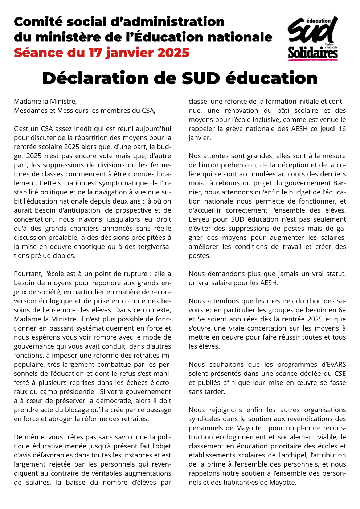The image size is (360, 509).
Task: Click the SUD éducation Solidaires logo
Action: [x=313, y=38]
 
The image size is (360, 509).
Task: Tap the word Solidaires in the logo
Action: [x=313, y=53]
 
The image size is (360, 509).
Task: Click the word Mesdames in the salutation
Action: [x=29, y=111]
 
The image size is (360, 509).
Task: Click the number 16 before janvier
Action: [x=342, y=129]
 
